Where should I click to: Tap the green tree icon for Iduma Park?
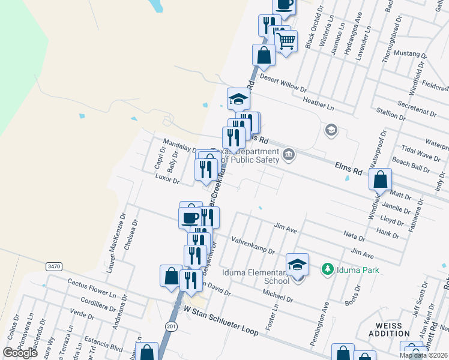(x=327, y=269)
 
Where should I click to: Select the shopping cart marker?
(x=286, y=41)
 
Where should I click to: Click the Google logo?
(x=20, y=353)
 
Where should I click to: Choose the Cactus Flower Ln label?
(x=91, y=287)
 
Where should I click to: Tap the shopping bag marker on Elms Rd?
(x=381, y=179)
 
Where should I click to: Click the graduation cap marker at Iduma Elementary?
(x=297, y=264)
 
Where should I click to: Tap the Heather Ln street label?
(x=318, y=103)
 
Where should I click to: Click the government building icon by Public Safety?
(x=289, y=155)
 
